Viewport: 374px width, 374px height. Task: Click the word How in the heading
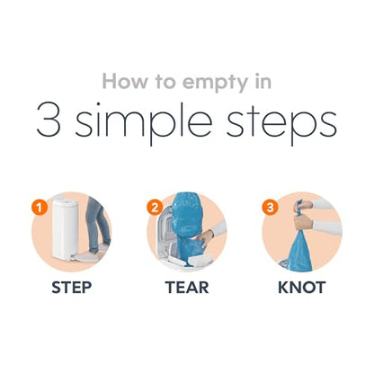tap(125, 81)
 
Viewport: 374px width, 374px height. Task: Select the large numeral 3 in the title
tap(49, 120)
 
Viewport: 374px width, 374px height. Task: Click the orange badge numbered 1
tap(40, 208)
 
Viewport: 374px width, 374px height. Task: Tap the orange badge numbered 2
tap(155, 208)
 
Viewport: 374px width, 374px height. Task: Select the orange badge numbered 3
tap(270, 208)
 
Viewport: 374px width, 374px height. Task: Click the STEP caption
tap(72, 288)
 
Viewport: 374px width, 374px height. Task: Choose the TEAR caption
tap(187, 288)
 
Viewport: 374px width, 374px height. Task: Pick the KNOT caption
tap(302, 288)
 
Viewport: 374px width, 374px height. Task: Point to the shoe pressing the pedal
tap(87, 255)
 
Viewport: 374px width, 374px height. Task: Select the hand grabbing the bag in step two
tap(205, 238)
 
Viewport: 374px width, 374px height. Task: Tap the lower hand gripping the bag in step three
tap(304, 222)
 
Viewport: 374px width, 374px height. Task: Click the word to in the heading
tap(165, 82)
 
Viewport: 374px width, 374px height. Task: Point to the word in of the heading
tap(263, 81)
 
